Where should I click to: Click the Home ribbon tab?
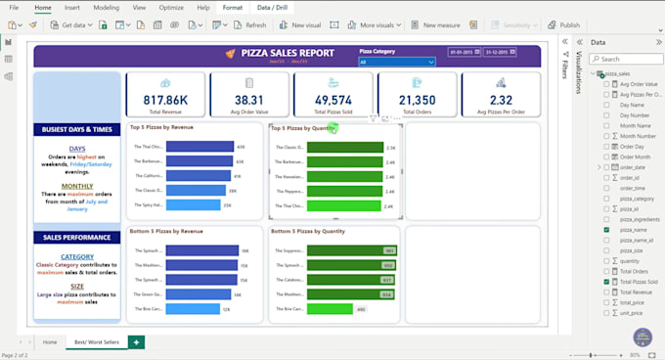tap(42, 7)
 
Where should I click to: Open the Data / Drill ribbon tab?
tap(274, 7)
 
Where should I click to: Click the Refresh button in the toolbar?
tap(250, 24)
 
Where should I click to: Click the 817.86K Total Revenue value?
tap(165, 99)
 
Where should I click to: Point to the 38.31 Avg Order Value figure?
tap(248, 99)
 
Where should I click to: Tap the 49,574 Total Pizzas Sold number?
tap(332, 99)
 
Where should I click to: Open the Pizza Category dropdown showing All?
tap(396, 62)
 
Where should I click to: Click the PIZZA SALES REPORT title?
tap(287, 53)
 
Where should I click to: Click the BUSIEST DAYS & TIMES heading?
tap(76, 129)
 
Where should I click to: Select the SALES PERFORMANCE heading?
tap(76, 237)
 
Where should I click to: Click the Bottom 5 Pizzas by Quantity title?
tap(307, 232)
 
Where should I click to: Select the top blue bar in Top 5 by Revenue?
tap(200, 147)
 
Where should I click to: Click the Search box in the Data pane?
tap(626, 59)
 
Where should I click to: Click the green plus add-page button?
tap(136, 341)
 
